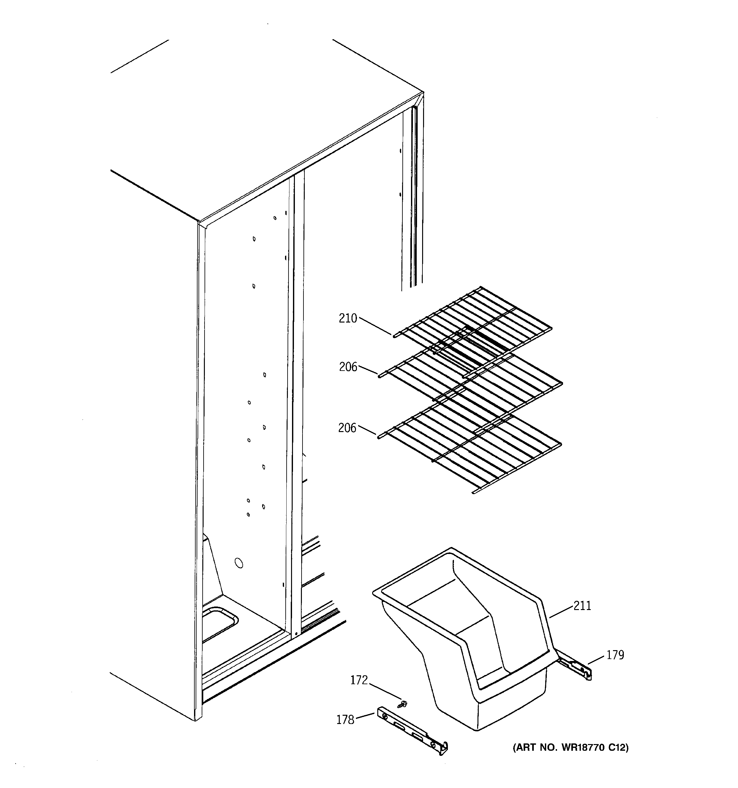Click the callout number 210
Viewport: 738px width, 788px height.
pyautogui.click(x=347, y=318)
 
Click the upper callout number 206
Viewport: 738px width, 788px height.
pyautogui.click(x=348, y=367)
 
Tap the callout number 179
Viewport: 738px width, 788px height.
pyautogui.click(x=615, y=655)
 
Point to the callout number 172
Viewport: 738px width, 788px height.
pyautogui.click(x=359, y=680)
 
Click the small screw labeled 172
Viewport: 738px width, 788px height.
pyautogui.click(x=404, y=704)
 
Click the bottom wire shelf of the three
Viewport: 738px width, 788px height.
pyautogui.click(x=471, y=448)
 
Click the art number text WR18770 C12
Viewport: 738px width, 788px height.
pyautogui.click(x=570, y=748)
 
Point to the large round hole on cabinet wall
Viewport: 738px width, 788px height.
pyautogui.click(x=239, y=563)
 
